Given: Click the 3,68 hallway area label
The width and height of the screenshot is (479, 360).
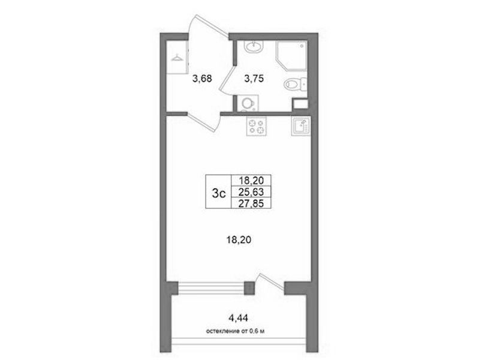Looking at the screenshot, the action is (202, 79).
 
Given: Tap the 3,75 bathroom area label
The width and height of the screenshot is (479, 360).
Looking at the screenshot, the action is (254, 79).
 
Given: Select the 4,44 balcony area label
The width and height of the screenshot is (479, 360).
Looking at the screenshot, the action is (238, 318).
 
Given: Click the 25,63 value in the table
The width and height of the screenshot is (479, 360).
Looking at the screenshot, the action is (251, 192).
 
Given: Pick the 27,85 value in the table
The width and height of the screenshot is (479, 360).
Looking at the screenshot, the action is (251, 203).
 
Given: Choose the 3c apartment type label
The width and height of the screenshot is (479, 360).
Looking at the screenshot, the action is (219, 193).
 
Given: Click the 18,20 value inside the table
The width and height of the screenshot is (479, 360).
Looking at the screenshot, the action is (251, 181).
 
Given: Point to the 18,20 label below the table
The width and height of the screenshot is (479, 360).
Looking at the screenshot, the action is (239, 240).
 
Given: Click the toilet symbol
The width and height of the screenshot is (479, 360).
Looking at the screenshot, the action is (295, 84).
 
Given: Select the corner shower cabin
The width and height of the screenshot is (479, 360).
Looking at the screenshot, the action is (291, 56).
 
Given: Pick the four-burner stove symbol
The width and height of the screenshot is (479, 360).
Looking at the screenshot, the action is (257, 127).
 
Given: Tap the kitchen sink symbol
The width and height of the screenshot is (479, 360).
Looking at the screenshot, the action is (301, 126).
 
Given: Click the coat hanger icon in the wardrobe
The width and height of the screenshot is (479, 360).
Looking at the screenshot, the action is (177, 58).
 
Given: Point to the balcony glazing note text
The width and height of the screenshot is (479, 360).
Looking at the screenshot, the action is (235, 331).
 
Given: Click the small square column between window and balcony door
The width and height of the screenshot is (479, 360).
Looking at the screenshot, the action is (249, 288).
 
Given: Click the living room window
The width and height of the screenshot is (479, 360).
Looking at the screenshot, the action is (211, 288).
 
